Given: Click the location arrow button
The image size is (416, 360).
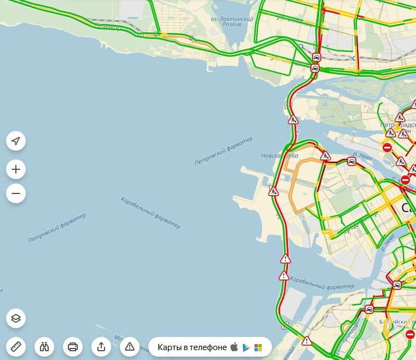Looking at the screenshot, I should point(16,141).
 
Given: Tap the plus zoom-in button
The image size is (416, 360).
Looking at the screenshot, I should point(16,170).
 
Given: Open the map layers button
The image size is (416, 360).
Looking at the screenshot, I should point(16,318).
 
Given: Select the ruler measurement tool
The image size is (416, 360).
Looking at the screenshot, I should point(16,346).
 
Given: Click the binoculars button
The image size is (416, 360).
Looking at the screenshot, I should point(44,346).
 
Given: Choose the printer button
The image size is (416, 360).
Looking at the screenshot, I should point(73,346).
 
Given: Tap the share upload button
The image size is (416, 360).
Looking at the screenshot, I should point(101,346).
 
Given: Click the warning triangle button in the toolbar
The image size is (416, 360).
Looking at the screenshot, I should point(130,346).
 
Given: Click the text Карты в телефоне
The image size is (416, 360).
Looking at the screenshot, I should point(192,347).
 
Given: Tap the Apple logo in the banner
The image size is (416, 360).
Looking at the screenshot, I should point(234,347).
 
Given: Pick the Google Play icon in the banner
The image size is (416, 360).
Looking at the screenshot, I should point(246,347).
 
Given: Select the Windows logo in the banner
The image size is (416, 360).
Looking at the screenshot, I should point(258,347).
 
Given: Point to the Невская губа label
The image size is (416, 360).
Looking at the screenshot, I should point(279,156).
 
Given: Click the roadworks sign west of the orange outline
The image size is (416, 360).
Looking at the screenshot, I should point(274,191).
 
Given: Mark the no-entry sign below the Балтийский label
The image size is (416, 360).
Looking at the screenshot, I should point(411,334).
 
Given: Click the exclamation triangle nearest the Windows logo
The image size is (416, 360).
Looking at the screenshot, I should point(307,341).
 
